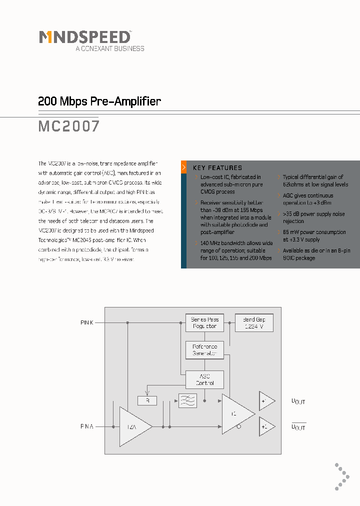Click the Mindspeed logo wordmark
[85, 37]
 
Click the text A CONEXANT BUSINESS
[109, 48]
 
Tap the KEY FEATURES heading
[217, 168]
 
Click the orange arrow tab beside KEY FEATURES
[184, 167]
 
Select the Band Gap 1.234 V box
[254, 322]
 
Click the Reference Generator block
[204, 350]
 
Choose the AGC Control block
[204, 379]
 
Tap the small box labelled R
[147, 400]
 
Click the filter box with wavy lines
[188, 400]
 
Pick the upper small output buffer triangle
[266, 400]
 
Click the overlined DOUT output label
[298, 426]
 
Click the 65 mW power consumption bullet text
[314, 235]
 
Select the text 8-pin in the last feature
[343, 250]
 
